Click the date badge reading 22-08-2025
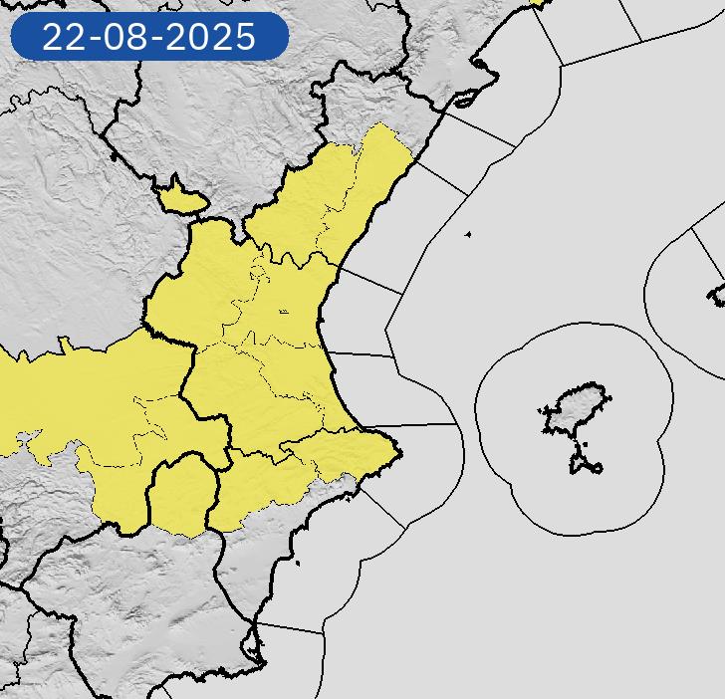click(x=148, y=37)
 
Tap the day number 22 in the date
click(x=62, y=38)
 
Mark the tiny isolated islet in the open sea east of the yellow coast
click(x=468, y=235)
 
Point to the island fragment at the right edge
click(x=717, y=294)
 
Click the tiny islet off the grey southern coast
click(x=298, y=565)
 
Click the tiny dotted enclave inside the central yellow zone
click(x=284, y=312)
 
